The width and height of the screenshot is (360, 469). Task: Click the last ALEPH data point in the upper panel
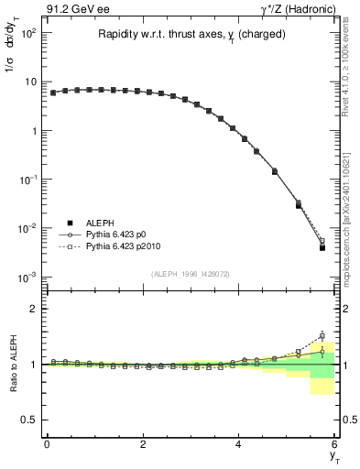pos(322,247)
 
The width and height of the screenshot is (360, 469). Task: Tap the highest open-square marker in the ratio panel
pos(322,335)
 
